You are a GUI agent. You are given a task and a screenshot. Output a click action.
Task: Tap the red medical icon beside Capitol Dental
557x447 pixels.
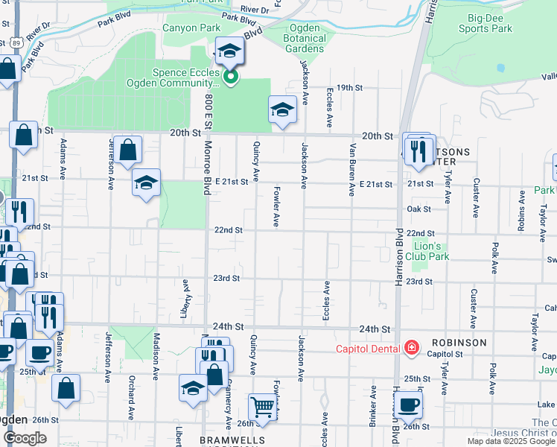point(410,348)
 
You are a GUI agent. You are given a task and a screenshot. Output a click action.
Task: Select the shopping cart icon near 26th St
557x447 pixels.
point(262,407)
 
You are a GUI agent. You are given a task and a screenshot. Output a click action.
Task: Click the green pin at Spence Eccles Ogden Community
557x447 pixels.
point(231,76)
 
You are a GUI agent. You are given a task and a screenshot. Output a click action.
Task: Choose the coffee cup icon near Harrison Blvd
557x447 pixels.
point(408,405)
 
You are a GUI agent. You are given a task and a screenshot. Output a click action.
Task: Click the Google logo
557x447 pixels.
point(25,438)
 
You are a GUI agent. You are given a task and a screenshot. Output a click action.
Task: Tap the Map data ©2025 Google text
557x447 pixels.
point(511,441)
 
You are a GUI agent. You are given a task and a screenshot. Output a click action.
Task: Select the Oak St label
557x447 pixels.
point(419,209)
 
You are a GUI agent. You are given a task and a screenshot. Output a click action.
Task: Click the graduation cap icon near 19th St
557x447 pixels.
point(282,110)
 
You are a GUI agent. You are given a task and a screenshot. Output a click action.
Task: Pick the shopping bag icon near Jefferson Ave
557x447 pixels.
point(128,148)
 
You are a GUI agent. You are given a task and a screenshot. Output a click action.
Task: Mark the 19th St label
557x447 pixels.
point(348,87)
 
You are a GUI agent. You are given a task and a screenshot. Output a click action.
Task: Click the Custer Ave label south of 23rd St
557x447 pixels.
point(474,306)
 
